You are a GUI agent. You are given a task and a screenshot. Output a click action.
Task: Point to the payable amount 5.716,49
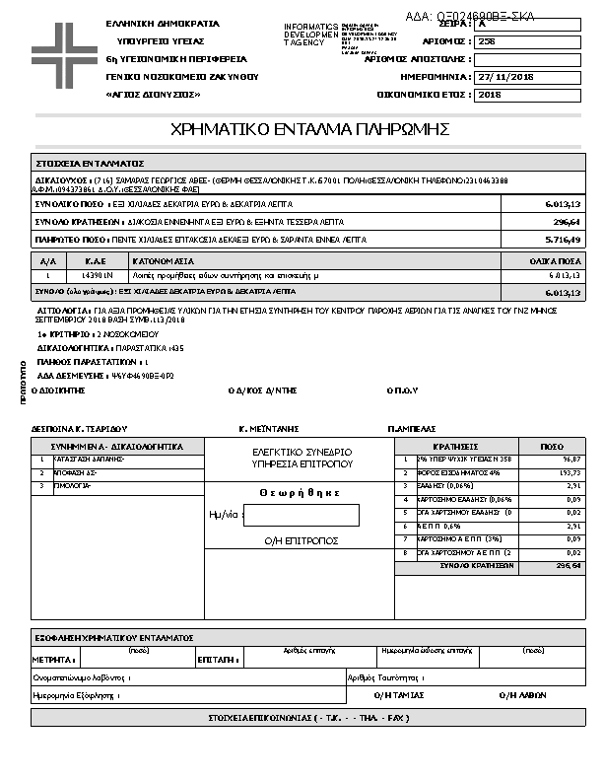[x=563, y=240]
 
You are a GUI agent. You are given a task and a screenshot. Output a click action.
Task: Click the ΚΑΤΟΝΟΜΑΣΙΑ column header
[x=167, y=261]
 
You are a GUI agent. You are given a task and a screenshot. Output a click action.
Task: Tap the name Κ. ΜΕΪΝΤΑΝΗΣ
[x=269, y=430]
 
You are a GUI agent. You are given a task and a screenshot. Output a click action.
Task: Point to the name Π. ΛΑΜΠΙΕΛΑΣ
[x=414, y=430]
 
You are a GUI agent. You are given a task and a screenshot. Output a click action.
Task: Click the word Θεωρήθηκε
[x=301, y=493]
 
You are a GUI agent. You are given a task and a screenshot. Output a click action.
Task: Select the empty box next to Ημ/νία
[x=301, y=515]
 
